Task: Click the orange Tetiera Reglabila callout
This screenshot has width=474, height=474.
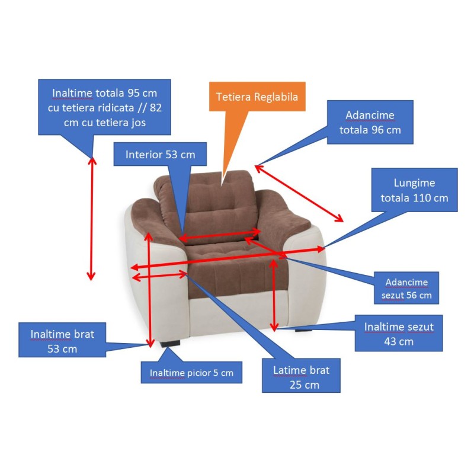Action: pyautogui.click(x=257, y=96)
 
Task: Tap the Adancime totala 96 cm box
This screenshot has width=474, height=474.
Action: pyautogui.click(x=370, y=122)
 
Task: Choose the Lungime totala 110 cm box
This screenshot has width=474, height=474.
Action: pyautogui.click(x=414, y=190)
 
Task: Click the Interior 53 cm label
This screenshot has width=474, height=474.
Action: pyautogui.click(x=160, y=155)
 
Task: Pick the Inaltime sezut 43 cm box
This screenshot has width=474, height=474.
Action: pyautogui.click(x=399, y=334)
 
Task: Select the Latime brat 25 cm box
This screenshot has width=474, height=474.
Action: pyautogui.click(x=301, y=377)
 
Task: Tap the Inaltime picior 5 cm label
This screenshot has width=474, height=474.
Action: pyautogui.click(x=191, y=373)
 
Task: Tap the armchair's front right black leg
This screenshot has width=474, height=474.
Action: pyautogui.click(x=304, y=331)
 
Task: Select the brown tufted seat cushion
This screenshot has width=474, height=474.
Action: pyautogui.click(x=237, y=261)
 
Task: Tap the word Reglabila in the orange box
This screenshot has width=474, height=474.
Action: pyautogui.click(x=276, y=96)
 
